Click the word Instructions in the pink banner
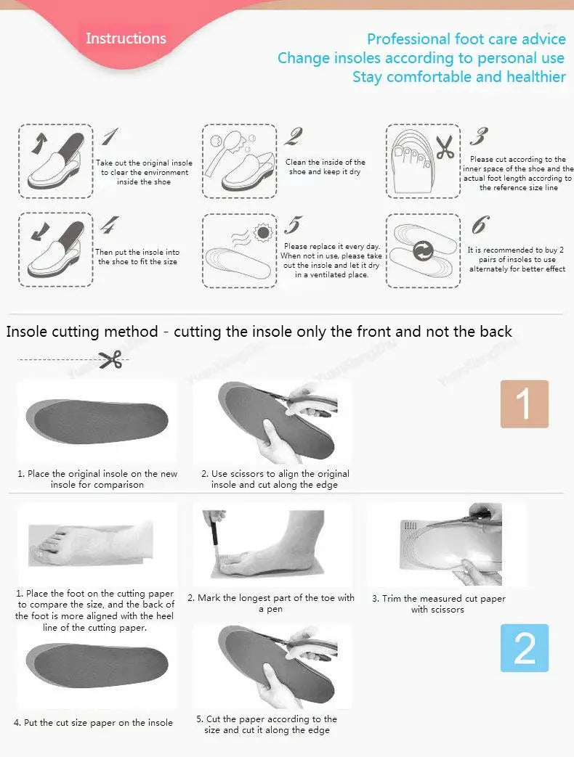coord(126,38)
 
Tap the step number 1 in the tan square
coord(524,404)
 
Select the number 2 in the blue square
coord(524,648)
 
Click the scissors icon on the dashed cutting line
coord(110,359)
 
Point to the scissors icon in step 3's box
coord(444,147)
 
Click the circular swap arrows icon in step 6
coord(422,252)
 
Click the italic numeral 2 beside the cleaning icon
coord(294,136)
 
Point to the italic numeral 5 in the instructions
coord(293,225)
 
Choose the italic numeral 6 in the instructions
coord(480,225)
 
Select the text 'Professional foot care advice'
coord(466,39)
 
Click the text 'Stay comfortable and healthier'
coord(458,77)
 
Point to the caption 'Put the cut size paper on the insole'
coord(93,722)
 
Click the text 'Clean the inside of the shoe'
coord(325,167)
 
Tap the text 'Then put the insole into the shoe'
coord(137,257)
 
